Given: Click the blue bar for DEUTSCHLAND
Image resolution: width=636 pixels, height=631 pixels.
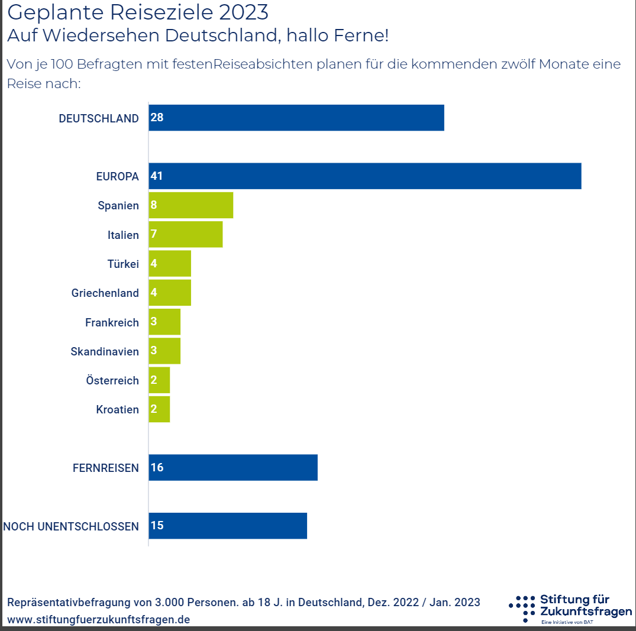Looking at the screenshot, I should [x=296, y=118].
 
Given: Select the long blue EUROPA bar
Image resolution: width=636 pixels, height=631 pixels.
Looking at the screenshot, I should [x=364, y=176].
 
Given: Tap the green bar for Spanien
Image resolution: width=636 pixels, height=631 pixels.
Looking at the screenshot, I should [x=191, y=205].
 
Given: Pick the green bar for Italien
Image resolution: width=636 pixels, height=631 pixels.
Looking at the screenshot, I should [x=185, y=234].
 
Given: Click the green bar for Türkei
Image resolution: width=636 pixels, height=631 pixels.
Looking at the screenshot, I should [x=170, y=263].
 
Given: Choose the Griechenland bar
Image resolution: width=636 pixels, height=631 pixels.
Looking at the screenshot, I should [x=170, y=293].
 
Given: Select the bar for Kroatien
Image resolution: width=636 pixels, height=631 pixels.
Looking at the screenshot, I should [x=159, y=409].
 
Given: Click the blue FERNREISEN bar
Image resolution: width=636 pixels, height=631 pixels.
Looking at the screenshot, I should [x=233, y=467].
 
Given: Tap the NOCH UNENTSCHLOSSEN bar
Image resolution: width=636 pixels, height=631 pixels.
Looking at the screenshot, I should [x=228, y=526].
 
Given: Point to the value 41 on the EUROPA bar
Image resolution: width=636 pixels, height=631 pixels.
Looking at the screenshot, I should [x=157, y=176].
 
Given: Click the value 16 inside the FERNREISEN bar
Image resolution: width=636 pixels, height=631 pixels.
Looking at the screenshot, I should [x=157, y=467].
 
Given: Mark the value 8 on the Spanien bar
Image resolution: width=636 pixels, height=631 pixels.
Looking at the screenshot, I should [x=154, y=205].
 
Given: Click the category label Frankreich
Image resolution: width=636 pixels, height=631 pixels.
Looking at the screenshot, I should [x=112, y=322].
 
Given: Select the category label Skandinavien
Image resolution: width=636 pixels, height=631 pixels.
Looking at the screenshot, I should [x=105, y=351].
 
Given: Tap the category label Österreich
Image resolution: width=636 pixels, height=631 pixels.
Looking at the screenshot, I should [x=112, y=380].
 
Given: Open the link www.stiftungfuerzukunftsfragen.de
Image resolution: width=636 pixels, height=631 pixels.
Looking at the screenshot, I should [x=99, y=619].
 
